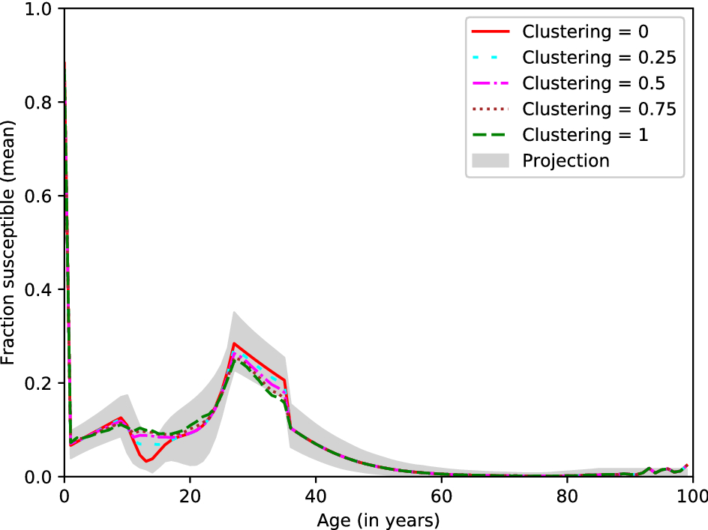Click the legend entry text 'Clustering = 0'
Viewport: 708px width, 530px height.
(585, 32)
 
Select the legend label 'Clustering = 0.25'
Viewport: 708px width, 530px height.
(599, 58)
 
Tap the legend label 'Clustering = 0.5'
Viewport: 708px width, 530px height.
(593, 83)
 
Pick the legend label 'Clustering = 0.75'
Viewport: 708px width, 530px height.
(599, 109)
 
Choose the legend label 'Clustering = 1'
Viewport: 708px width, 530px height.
(585, 135)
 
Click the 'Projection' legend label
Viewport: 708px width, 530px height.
(565, 160)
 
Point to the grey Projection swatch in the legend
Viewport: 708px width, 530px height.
(490, 160)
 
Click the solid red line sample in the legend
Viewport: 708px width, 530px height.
(490, 32)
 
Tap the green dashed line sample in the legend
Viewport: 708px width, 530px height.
(490, 135)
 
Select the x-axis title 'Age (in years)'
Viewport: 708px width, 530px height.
(379, 519)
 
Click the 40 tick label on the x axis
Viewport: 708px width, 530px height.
(316, 496)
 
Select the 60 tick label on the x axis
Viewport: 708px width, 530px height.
(441, 496)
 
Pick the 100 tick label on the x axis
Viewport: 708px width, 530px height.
(690, 496)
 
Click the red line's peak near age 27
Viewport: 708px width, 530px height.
(234, 343)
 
